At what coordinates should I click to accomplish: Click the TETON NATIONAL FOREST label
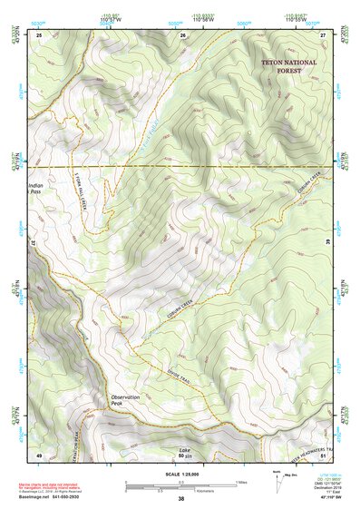[289, 65]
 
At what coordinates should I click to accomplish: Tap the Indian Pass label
[35, 188]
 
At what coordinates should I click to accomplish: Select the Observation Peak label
[126, 401]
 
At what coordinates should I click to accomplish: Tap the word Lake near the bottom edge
[185, 450]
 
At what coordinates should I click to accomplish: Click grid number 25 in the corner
[39, 34]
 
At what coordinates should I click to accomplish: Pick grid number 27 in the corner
[323, 34]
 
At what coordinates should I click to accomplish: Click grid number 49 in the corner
[39, 454]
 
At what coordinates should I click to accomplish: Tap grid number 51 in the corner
[323, 454]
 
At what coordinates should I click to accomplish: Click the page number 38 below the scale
[180, 499]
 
